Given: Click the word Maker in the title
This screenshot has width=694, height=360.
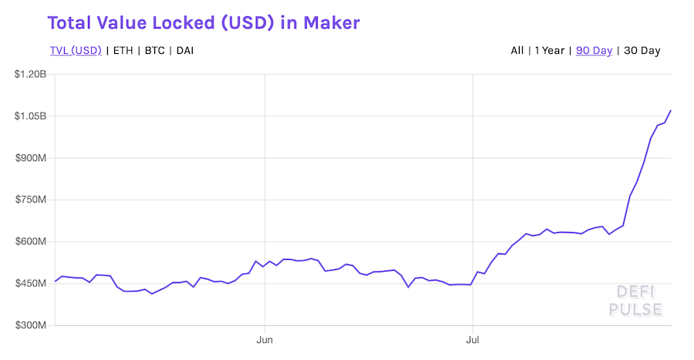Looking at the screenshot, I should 330,22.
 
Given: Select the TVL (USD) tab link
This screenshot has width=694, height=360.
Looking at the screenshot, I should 76,51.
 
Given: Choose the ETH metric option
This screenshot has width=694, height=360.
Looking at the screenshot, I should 123,51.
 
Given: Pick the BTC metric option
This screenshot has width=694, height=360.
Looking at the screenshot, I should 155,51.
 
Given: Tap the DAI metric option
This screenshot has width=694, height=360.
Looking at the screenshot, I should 185,51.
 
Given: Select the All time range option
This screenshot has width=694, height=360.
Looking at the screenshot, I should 517,51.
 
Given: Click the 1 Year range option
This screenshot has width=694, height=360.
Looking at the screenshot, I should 550,51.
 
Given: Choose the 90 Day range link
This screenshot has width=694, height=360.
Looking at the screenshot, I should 594,51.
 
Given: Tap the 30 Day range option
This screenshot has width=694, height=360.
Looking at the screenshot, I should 642,51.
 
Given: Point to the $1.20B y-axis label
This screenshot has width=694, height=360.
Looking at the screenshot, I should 30,75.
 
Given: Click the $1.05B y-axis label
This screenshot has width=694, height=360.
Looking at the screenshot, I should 30,116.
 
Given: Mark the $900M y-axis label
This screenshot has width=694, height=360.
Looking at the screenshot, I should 32,158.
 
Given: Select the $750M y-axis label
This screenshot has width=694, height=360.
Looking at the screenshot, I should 32,200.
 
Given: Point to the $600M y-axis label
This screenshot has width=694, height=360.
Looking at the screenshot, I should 32,241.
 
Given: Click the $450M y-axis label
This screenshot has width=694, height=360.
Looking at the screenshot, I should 32,284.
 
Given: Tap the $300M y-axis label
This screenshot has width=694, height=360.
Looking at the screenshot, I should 32,325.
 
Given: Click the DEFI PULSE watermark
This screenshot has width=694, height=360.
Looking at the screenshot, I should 635,301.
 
